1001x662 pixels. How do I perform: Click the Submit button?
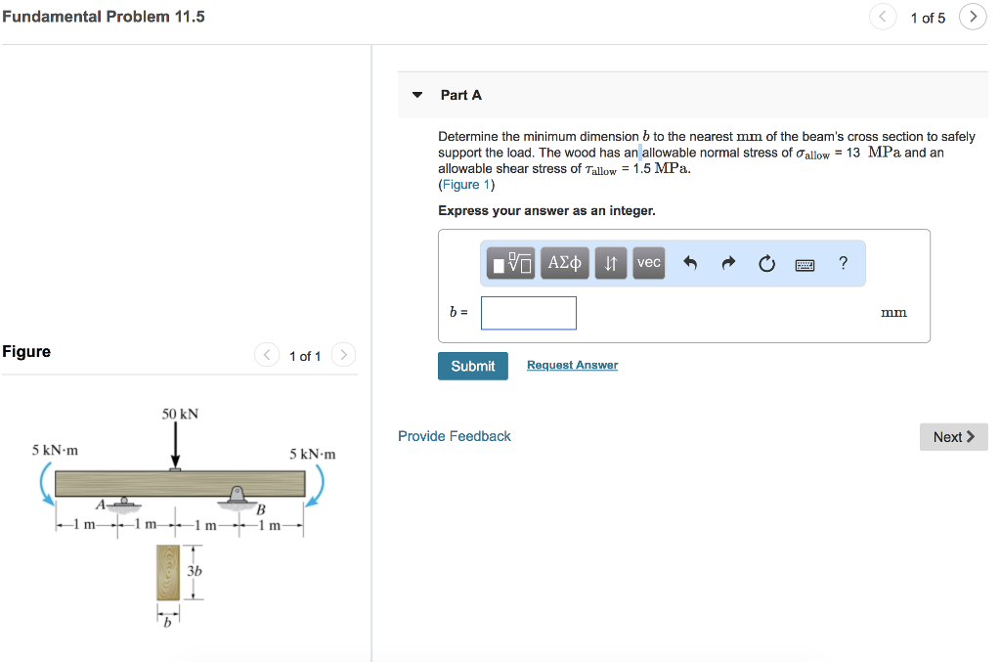[x=472, y=366]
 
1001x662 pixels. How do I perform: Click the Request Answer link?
[x=572, y=365]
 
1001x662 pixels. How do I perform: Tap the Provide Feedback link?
[x=454, y=436]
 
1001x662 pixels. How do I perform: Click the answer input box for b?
[x=529, y=313]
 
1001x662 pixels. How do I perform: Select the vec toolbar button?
[x=649, y=262]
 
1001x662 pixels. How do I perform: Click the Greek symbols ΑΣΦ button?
[x=564, y=262]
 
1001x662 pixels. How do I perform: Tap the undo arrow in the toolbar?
[x=689, y=262]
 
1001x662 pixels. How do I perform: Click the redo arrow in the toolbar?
[x=728, y=262]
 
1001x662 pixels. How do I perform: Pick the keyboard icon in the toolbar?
[x=805, y=264]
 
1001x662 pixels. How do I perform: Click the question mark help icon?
[x=843, y=262]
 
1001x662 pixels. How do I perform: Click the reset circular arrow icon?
[x=766, y=263]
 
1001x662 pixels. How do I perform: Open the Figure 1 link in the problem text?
[x=466, y=185]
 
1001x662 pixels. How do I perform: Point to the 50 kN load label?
[x=180, y=414]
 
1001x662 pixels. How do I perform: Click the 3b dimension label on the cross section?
[x=195, y=571]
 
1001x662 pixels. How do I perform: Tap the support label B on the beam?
[x=260, y=509]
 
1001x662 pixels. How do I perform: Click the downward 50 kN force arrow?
[x=175, y=445]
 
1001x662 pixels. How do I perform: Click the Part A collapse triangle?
[x=417, y=95]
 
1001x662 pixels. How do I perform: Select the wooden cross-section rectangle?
[x=168, y=572]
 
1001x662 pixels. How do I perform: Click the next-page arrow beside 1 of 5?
[x=973, y=17]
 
